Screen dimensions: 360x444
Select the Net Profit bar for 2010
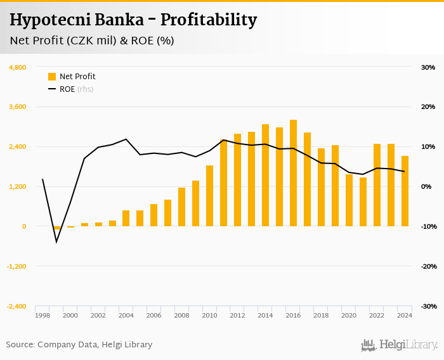pyautogui.click(x=209, y=196)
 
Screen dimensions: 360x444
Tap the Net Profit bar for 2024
pyautogui.click(x=405, y=191)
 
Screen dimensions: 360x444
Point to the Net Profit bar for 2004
pyautogui.click(x=126, y=218)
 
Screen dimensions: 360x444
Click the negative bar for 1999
pyautogui.click(x=56, y=228)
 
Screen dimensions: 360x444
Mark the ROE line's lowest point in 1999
pyautogui.click(x=56, y=241)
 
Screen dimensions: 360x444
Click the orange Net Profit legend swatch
pyautogui.click(x=52, y=77)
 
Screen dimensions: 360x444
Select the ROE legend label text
pyautogui.click(x=67, y=89)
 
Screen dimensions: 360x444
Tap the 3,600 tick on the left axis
pyautogui.click(x=17, y=107)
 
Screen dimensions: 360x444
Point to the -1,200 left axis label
pyautogui.click(x=16, y=266)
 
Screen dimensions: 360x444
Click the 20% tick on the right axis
pyautogui.click(x=428, y=107)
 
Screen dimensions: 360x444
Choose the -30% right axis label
pyautogui.click(x=428, y=306)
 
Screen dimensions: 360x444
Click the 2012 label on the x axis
pyautogui.click(x=237, y=315)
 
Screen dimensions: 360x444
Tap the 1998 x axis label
pyautogui.click(x=42, y=315)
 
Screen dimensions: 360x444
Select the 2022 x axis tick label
pyautogui.click(x=377, y=315)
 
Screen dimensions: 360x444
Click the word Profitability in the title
pyautogui.click(x=208, y=20)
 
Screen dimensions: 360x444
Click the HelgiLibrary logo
pyautogui.click(x=400, y=345)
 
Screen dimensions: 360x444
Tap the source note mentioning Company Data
pyautogui.click(x=79, y=345)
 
